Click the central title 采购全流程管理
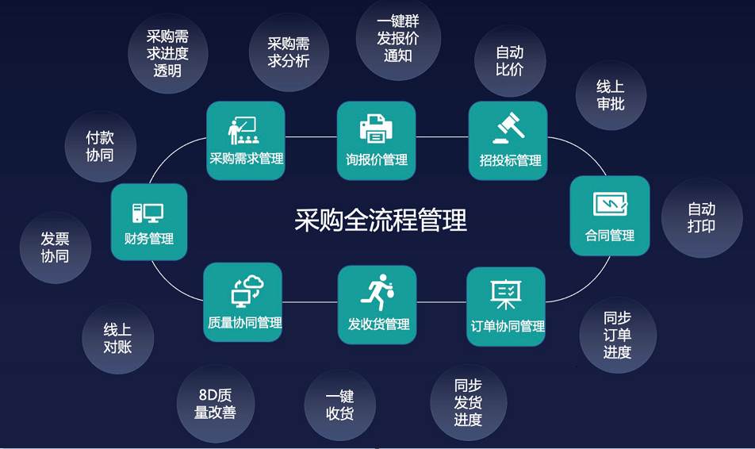[x=381, y=220]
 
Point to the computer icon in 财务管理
[x=148, y=213]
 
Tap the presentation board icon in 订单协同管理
[x=505, y=295]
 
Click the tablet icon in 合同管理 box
[x=610, y=204]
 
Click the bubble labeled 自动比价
[x=510, y=61]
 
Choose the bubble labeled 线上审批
[x=610, y=95]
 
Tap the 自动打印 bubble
[x=701, y=217]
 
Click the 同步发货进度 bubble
[x=468, y=402]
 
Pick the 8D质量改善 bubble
[x=215, y=403]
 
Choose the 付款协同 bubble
[x=100, y=147]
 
